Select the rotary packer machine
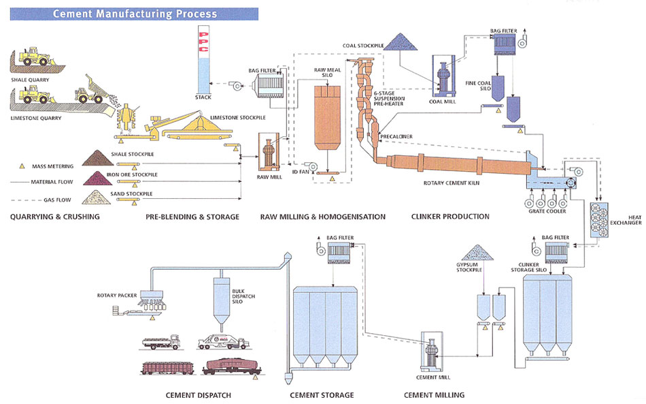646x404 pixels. (x=152, y=298)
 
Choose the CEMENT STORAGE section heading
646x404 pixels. (x=322, y=395)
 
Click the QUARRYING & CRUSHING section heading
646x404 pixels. (x=55, y=217)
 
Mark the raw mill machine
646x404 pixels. (x=267, y=154)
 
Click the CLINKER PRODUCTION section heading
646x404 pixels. (x=450, y=217)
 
